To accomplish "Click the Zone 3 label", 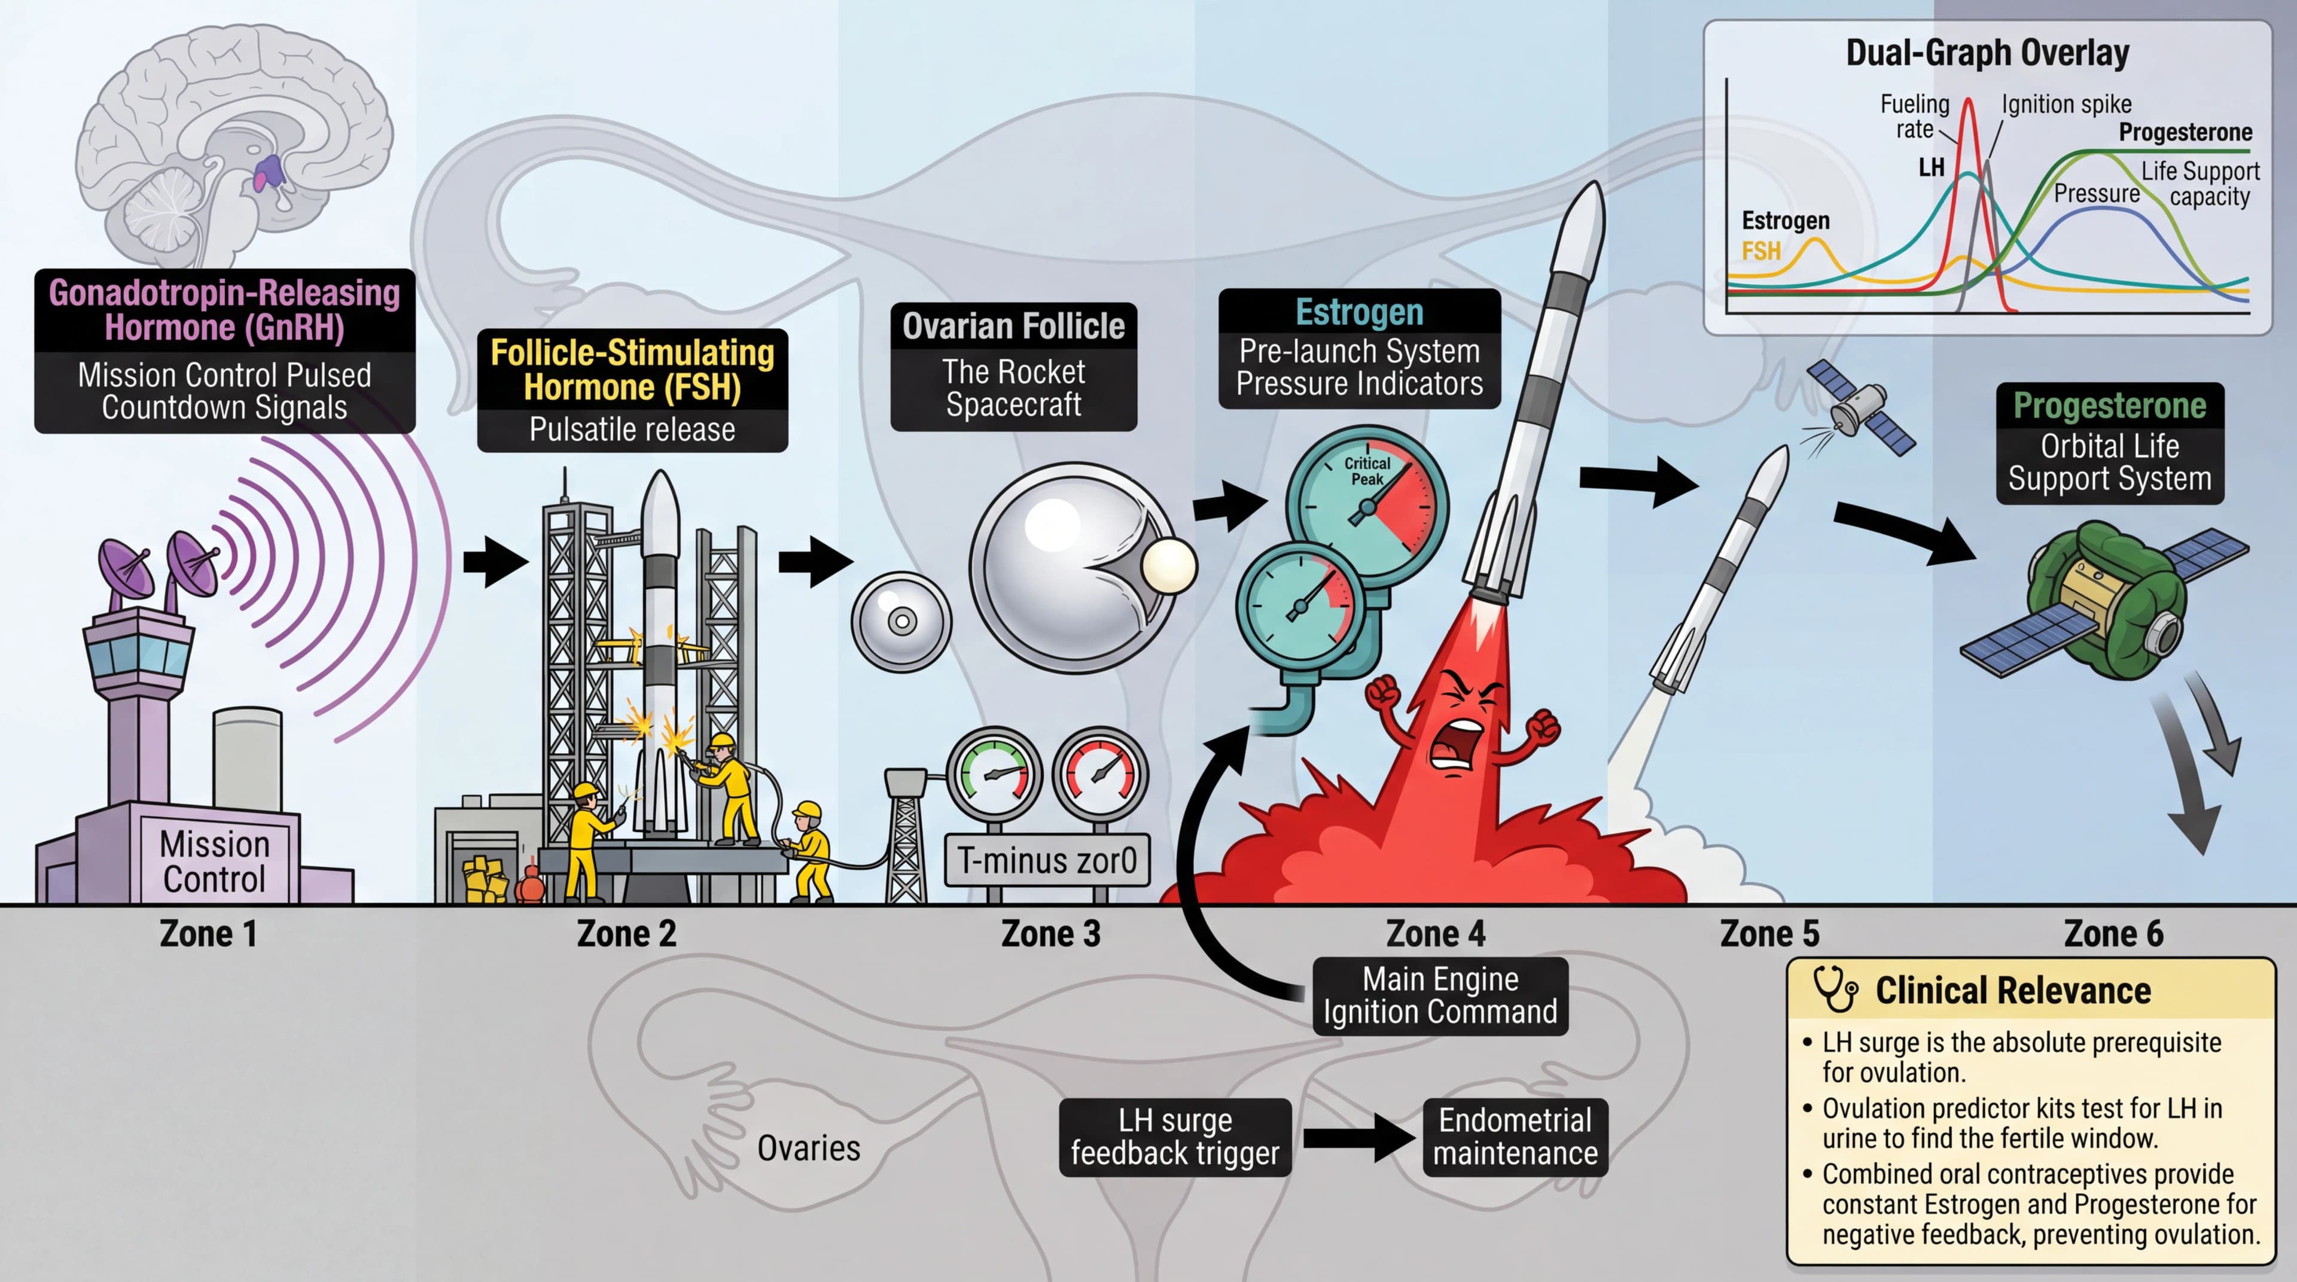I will point(1050,933).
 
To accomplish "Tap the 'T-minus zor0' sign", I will point(1047,860).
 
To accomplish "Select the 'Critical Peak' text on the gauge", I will point(1367,471).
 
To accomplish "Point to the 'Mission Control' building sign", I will point(214,861).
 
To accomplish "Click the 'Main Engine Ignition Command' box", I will point(1439,996).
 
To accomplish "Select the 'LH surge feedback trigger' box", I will point(1174,1137).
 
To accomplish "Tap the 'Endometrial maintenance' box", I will point(1515,1137).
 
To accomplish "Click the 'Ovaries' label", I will point(808,1148).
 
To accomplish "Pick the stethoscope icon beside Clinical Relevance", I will point(1835,989).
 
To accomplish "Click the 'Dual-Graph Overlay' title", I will point(1987,53).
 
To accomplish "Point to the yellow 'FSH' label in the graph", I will point(1760,251).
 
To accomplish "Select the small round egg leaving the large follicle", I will point(1168,565).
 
